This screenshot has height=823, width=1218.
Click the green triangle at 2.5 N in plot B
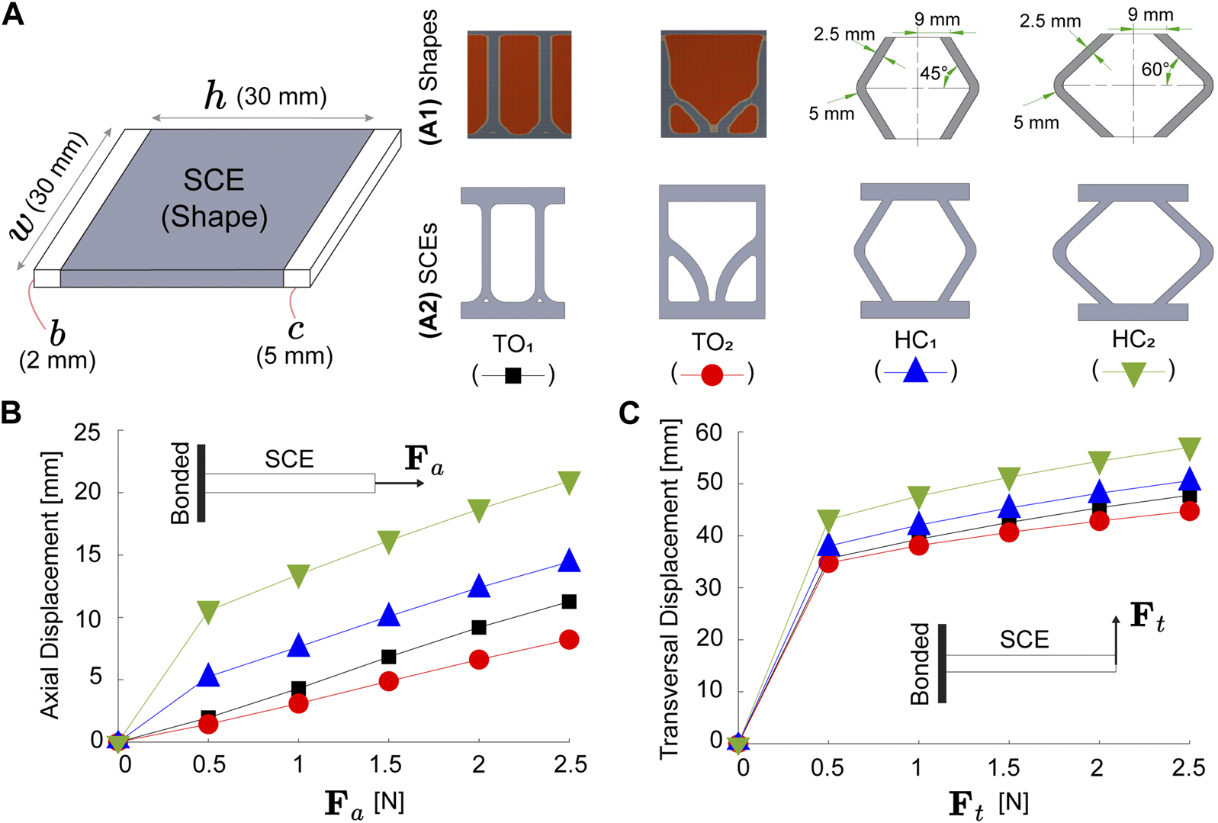coord(569,481)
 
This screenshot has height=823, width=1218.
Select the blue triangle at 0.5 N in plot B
coord(208,674)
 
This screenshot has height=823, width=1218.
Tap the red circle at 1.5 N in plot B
coord(388,681)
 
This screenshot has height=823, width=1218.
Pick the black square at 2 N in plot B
coord(479,627)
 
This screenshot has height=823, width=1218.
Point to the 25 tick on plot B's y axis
coord(87,433)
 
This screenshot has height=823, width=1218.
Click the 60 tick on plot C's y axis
coord(708,433)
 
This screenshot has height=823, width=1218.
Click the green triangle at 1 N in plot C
coord(918,497)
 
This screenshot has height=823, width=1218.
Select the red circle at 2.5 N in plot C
coord(1189,511)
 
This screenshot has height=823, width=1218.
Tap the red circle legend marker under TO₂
coord(712,375)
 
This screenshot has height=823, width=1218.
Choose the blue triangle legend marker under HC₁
coord(915,371)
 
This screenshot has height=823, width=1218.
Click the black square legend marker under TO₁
coord(513,375)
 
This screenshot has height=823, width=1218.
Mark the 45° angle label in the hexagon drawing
coord(934,74)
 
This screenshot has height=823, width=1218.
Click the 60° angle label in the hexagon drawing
coord(1155,70)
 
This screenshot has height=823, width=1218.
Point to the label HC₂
coord(1133,339)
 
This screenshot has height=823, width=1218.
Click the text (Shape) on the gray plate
coord(214,217)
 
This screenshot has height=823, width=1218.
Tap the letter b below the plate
coord(56,334)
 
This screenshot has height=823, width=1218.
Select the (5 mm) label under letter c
coord(294,356)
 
